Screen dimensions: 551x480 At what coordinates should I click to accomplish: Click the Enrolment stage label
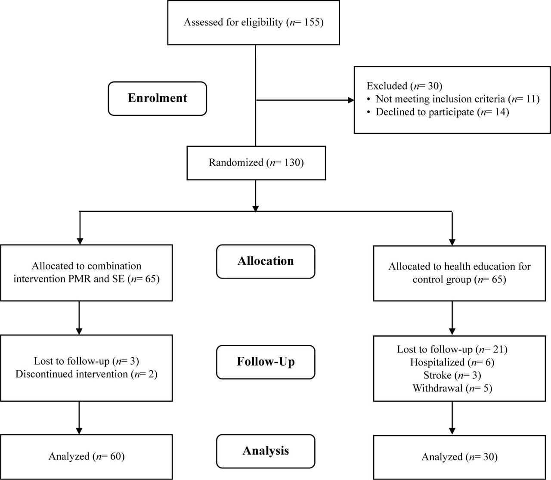(x=157, y=99)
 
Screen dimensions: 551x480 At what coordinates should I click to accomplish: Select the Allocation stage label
(x=266, y=261)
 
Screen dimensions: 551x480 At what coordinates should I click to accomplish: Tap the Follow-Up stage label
(x=266, y=362)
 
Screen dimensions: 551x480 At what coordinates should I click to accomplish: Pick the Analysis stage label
(x=266, y=451)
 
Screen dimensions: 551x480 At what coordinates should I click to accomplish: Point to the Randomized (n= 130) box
(x=256, y=163)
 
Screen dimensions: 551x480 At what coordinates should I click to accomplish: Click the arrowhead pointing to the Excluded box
(x=351, y=100)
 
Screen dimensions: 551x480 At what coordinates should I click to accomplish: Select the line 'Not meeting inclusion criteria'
(x=440, y=99)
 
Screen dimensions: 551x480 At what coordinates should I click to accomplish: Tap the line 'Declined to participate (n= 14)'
(x=442, y=112)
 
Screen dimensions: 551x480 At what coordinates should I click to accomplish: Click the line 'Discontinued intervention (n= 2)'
(x=87, y=374)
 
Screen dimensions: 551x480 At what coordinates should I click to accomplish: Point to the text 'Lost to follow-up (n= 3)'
(x=87, y=361)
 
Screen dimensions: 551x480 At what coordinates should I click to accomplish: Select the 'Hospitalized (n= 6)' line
(x=452, y=362)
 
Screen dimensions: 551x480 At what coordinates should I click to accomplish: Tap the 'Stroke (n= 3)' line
(x=452, y=375)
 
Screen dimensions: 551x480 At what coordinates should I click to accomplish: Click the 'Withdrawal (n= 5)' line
(x=452, y=388)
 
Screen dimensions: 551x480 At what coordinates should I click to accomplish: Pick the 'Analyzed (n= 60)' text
(x=87, y=457)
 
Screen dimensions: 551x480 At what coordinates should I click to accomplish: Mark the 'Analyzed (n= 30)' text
(x=459, y=457)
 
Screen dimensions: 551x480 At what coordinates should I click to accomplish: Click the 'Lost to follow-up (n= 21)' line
(x=452, y=350)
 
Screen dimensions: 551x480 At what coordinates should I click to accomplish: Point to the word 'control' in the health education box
(x=428, y=279)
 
